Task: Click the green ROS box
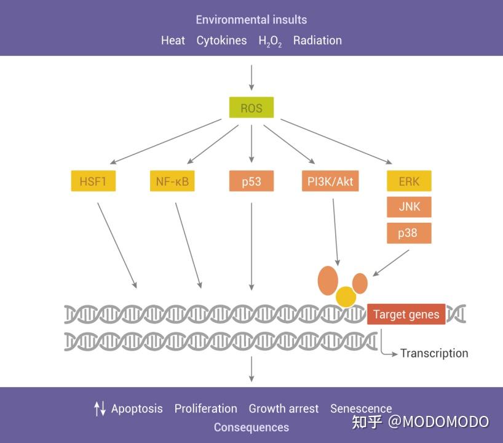[251, 107]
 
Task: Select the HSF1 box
[93, 181]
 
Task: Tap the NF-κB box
[172, 181]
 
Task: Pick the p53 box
[251, 181]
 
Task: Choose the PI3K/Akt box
[330, 181]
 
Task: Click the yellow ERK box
[409, 181]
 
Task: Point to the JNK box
[409, 207]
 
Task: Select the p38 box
[409, 233]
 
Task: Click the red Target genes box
[406, 314]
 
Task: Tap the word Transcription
[434, 353]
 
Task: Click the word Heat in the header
[173, 41]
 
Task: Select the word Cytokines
[221, 41]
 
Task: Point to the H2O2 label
[270, 41]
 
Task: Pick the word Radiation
[317, 41]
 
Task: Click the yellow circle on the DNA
[346, 297]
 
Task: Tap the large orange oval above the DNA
[328, 281]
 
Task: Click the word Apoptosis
[137, 409]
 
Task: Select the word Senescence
[361, 409]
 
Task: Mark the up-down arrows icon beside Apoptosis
[100, 409]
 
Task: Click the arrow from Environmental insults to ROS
[251, 78]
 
